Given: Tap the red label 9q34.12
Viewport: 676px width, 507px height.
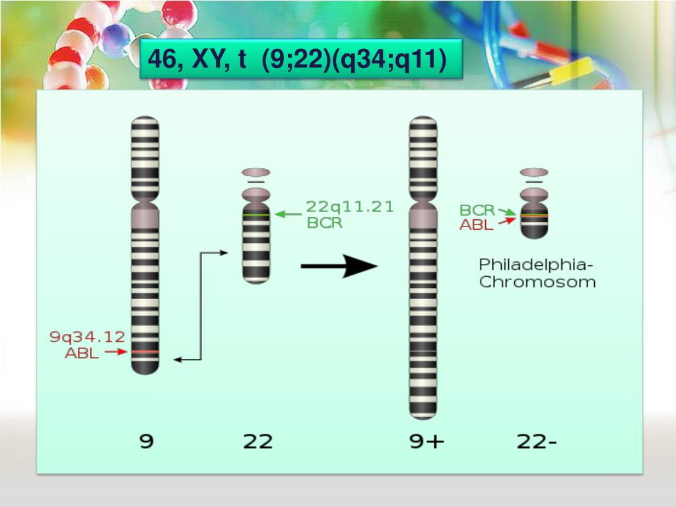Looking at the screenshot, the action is click(88, 337).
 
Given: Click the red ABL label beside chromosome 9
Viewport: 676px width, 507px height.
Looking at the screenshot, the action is click(82, 353).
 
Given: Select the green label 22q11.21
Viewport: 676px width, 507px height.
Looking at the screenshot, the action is click(350, 207).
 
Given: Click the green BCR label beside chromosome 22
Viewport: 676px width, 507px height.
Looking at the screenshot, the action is click(325, 223).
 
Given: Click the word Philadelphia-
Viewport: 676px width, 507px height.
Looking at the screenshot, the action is click(537, 265).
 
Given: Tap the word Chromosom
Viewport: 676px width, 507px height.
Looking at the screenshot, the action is click(537, 282).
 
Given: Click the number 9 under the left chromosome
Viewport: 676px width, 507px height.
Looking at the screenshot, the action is click(146, 440).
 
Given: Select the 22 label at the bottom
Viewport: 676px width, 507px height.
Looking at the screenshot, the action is click(257, 440).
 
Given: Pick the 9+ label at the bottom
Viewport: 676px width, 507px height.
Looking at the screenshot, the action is click(427, 440).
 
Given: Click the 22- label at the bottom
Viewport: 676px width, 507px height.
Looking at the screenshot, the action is click(537, 440).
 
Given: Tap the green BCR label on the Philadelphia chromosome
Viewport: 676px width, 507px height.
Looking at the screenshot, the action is click(477, 210).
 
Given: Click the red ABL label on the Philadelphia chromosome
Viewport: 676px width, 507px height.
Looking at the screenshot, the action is click(477, 225).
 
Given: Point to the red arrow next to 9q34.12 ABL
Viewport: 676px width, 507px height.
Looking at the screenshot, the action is click(116, 353).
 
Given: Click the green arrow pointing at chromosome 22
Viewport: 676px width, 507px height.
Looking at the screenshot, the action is click(287, 214).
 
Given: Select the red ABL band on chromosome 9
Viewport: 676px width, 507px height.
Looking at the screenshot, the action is click(145, 353).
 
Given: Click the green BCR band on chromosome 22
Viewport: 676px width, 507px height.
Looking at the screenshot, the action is click(256, 215).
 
